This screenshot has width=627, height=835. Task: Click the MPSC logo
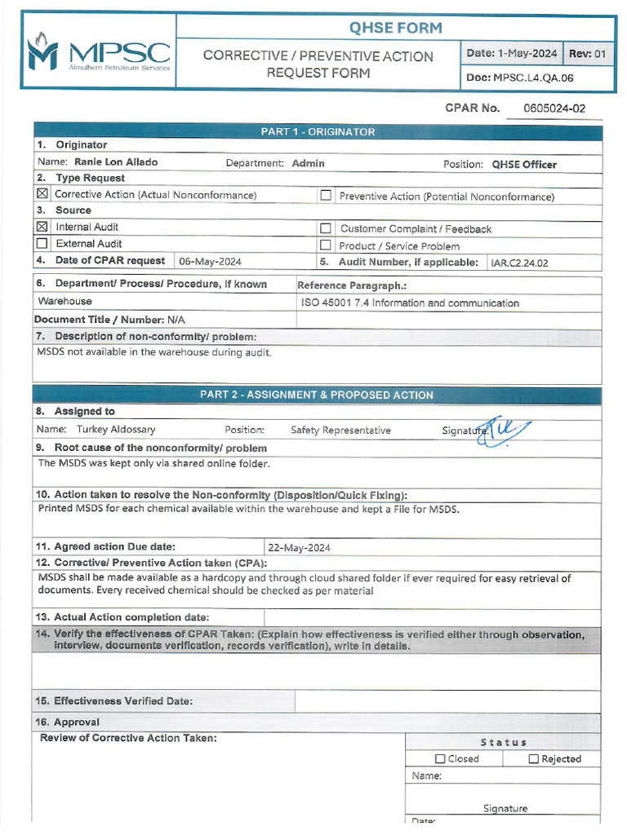[x=99, y=51]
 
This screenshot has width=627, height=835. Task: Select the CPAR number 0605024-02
[x=554, y=108]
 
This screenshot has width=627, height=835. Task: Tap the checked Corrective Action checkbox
[x=42, y=194]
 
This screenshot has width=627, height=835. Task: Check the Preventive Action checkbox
[x=326, y=196]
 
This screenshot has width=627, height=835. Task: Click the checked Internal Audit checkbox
[x=42, y=227]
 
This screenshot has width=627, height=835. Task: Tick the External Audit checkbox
[x=42, y=243]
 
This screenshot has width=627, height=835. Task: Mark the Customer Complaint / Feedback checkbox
[x=326, y=229]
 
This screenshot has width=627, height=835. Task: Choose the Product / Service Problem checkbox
[x=326, y=245]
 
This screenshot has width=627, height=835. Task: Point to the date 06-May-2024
[x=210, y=262]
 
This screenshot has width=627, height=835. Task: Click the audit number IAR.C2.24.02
[x=519, y=263]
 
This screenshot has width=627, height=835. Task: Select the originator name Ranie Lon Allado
[x=116, y=162]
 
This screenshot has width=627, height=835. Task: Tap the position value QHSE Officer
[x=523, y=165]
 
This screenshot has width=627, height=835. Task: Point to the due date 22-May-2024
[x=299, y=548]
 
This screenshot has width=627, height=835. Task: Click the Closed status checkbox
[x=441, y=759]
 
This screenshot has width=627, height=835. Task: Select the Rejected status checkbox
[x=534, y=759]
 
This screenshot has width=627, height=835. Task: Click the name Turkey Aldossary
[x=116, y=430]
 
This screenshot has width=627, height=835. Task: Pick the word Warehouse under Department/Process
[x=65, y=302]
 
